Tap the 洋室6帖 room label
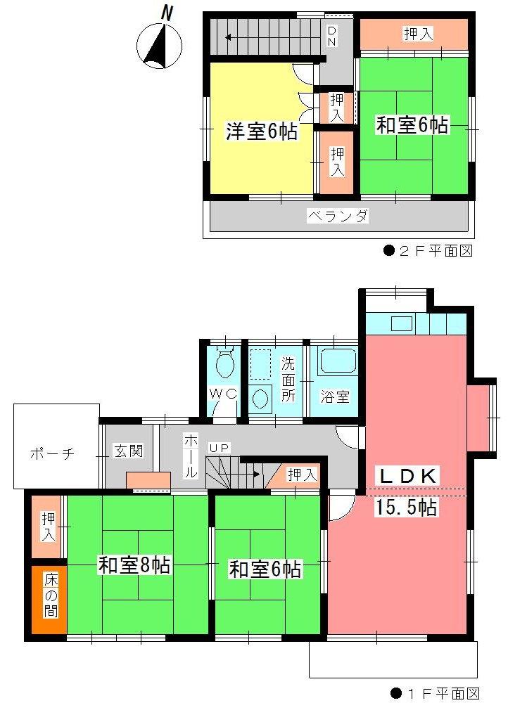click(260, 131)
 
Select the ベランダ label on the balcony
click(338, 216)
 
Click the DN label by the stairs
click(331, 36)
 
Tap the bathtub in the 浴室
click(336, 362)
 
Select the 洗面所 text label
click(288, 380)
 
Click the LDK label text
click(409, 475)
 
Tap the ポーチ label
click(52, 453)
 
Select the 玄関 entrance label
click(129, 451)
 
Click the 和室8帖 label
click(134, 565)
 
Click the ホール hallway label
click(190, 457)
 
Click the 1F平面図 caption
click(436, 692)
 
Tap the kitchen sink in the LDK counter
click(402, 324)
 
